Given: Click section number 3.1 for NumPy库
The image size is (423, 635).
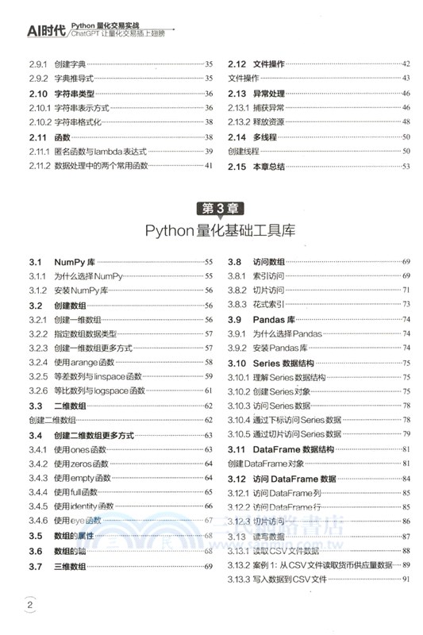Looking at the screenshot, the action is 35,262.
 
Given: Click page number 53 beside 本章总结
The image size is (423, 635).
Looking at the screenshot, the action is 406,166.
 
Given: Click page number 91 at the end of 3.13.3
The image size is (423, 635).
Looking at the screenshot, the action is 406,580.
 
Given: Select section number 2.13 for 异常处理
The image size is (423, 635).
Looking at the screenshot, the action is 238,94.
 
